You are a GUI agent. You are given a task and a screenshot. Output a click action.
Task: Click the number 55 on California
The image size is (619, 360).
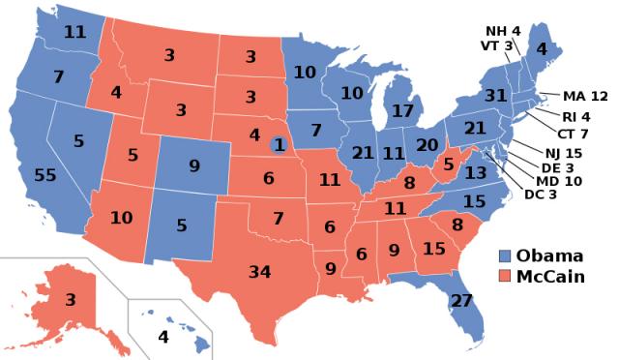[x=44, y=176]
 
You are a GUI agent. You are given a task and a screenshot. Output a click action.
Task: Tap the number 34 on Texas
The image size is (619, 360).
[x=259, y=271]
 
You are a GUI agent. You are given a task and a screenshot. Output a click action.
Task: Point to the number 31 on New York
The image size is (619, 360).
[x=495, y=96]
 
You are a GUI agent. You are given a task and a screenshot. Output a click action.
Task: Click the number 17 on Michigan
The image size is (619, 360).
[x=401, y=111]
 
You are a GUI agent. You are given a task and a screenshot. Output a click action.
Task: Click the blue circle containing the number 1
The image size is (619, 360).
[x=280, y=144]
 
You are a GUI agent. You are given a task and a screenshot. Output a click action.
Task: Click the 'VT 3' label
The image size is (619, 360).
[x=496, y=46]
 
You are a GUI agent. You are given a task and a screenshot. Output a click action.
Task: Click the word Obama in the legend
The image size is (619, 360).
[x=549, y=255]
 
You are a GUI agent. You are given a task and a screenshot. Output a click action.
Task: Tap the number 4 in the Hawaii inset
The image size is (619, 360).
[x=162, y=338]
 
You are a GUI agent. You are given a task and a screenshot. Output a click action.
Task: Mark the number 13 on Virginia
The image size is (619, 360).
[x=476, y=172]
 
